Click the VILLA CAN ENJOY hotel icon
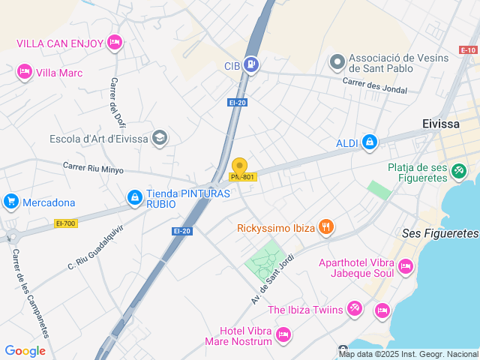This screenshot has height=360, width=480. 114,42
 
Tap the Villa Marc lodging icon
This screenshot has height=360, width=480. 25,72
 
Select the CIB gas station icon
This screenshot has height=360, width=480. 252,65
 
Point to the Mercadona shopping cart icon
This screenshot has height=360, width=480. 10,202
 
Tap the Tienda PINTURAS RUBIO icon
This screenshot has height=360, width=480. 134,197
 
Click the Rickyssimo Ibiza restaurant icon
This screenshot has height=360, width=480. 325,226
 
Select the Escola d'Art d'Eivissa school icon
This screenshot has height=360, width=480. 159,137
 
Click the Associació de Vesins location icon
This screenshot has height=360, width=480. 337,61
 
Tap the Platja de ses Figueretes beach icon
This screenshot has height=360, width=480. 458,172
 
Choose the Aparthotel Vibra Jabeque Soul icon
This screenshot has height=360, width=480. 406,266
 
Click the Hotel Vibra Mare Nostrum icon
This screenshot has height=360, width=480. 283,334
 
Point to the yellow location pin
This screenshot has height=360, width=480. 239,166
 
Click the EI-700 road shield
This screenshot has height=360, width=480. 66,223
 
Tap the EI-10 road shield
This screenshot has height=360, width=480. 468,50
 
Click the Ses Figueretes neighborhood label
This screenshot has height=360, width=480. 440,234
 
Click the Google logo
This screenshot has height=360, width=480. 25,350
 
